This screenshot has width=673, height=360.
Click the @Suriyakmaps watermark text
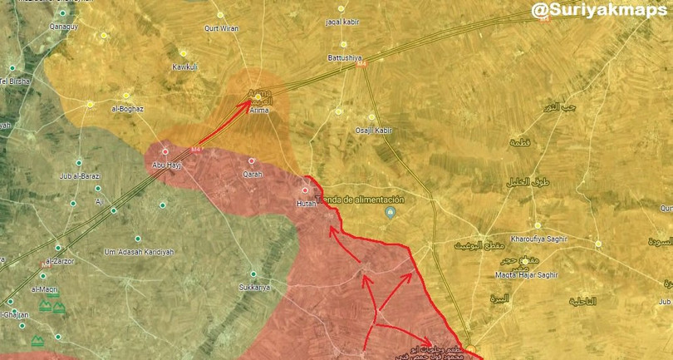click(598, 10)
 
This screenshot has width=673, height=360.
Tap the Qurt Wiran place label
click(222, 28)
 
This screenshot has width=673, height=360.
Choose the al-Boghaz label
click(128, 109)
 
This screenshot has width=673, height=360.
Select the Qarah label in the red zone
click(252, 174)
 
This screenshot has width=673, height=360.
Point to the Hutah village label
click(307, 202)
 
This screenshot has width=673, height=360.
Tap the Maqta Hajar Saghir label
click(525, 274)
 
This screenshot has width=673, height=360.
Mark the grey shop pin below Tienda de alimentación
click(390, 215)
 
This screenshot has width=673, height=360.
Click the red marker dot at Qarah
click(252, 161)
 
